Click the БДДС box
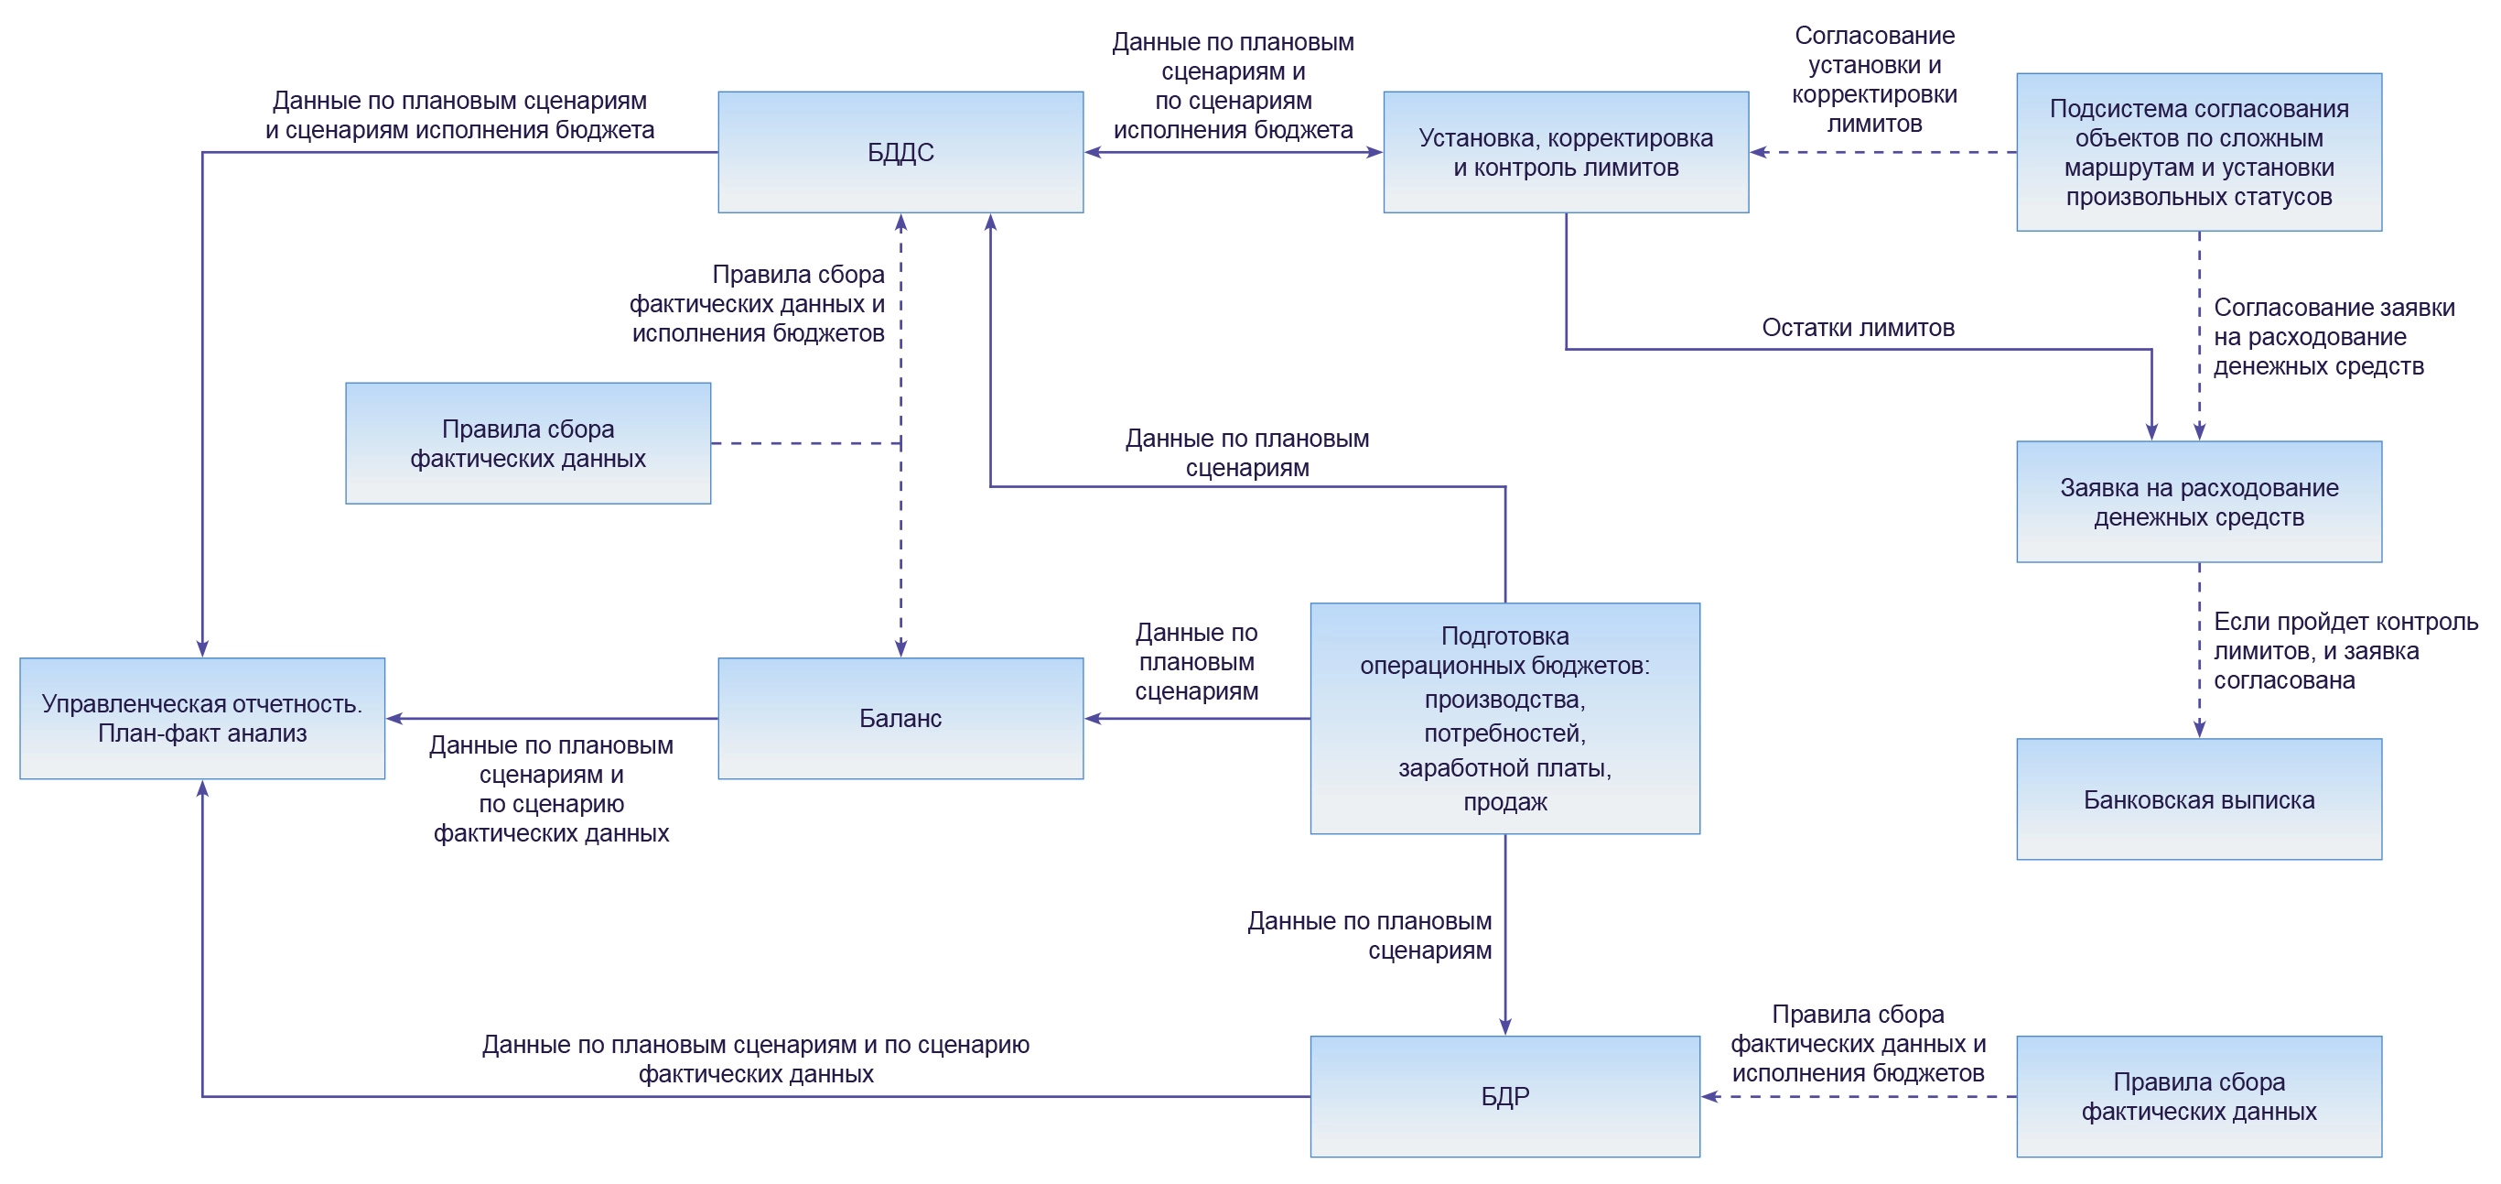(x=900, y=153)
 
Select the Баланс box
(x=900, y=718)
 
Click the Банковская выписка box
(x=2198, y=799)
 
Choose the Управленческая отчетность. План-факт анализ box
(x=202, y=718)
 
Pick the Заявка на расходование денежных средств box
(x=2198, y=501)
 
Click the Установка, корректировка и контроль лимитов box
(x=1565, y=153)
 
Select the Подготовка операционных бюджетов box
(x=1504, y=718)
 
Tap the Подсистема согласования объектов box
(x=2198, y=153)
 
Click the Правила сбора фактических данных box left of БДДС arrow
(x=527, y=443)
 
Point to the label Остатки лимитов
(x=1858, y=327)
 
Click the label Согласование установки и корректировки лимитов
(x=1874, y=80)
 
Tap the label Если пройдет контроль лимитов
(x=2344, y=651)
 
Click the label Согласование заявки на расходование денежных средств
(x=2332, y=337)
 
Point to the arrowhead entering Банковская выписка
(x=2199, y=730)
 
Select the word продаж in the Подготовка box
(x=1504, y=801)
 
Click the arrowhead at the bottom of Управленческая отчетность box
(x=202, y=788)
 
